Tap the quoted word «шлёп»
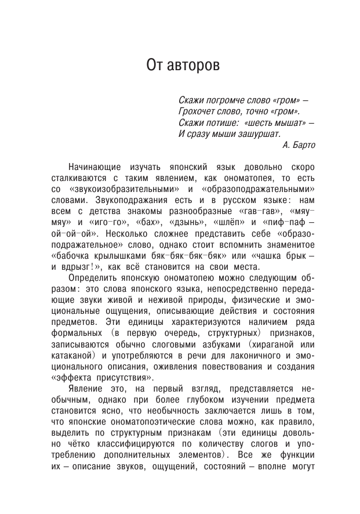[x=231, y=222]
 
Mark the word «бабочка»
[x=72, y=256]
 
